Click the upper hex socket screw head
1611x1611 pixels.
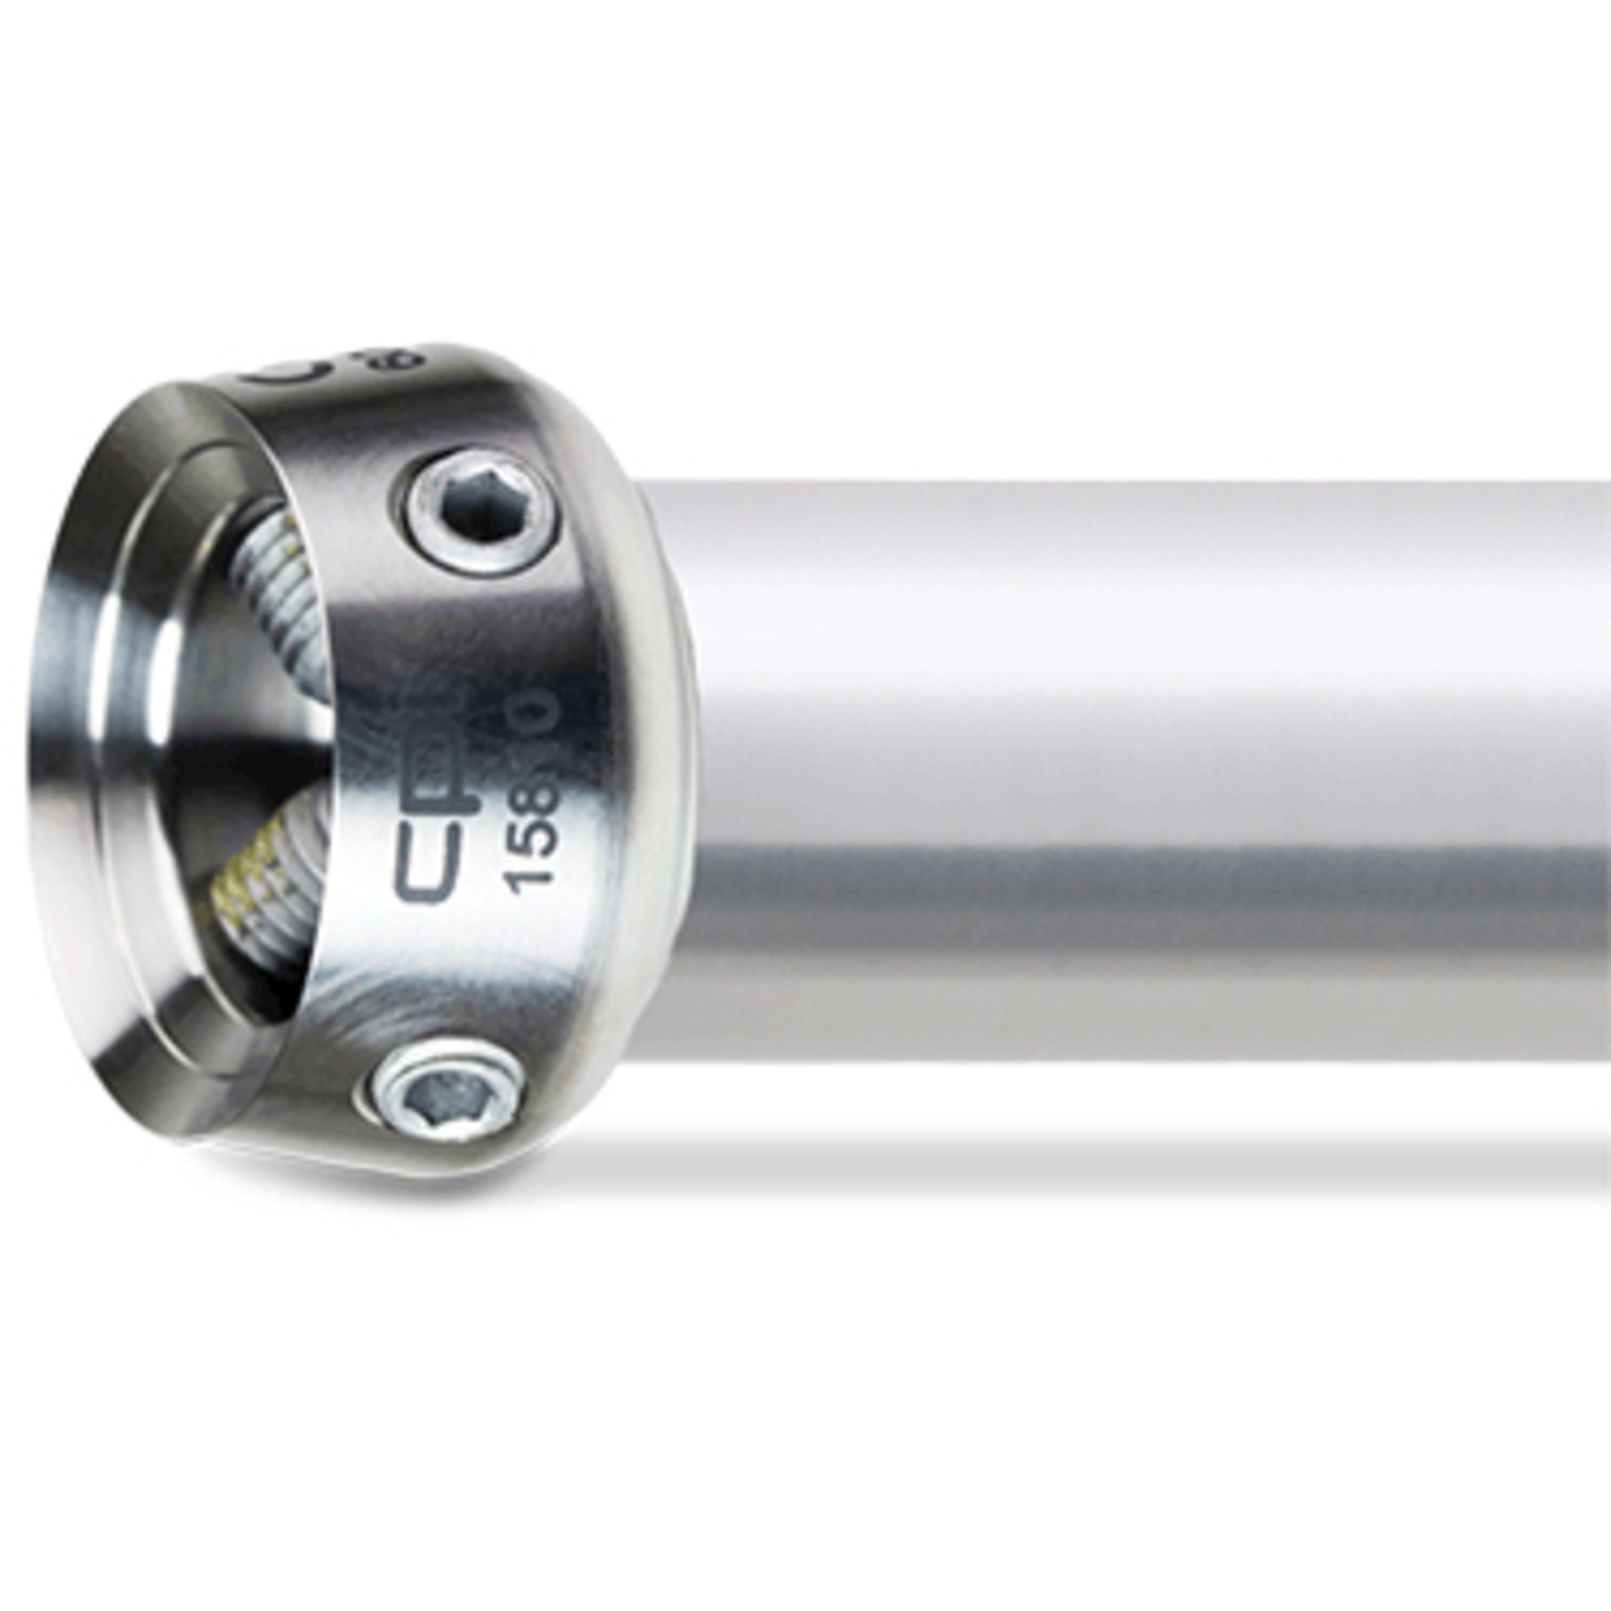[x=477, y=511]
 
